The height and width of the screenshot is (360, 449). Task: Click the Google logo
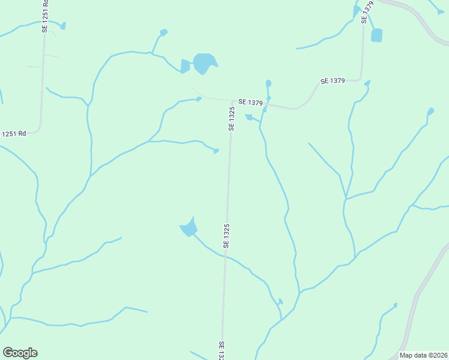click(x=20, y=353)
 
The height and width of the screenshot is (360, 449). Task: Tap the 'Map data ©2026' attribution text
click(x=424, y=355)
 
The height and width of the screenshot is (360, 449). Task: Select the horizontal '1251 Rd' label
click(x=13, y=133)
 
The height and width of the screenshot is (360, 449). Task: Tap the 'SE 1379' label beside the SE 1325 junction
click(x=250, y=103)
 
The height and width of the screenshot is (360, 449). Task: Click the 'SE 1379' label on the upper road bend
click(x=333, y=81)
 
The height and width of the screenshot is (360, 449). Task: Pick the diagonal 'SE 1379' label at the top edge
click(x=367, y=11)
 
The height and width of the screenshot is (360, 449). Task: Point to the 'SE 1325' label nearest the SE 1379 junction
click(x=231, y=119)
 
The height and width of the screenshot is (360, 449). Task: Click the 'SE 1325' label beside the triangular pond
click(x=227, y=235)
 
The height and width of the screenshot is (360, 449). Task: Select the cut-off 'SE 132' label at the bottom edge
click(x=221, y=350)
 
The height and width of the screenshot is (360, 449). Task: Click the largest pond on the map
click(x=204, y=62)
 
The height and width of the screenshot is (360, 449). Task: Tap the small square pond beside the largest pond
click(x=185, y=66)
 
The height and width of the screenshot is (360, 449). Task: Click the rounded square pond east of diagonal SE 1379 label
click(x=376, y=35)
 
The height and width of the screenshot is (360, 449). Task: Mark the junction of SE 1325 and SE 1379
click(x=232, y=101)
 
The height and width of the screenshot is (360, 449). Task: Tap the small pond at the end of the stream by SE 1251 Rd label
click(x=63, y=26)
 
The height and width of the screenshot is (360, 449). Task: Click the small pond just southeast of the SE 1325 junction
click(x=249, y=117)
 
